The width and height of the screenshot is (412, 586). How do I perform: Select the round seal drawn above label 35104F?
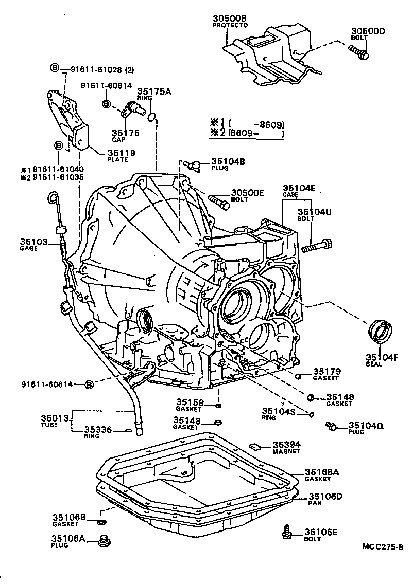coord(381,331)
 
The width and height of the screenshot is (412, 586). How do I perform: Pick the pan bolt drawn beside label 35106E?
coord(287,532)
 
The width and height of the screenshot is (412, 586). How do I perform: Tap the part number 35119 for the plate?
coord(121,153)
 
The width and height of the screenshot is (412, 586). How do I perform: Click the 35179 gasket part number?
coord(327,371)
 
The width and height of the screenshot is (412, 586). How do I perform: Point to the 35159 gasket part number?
coord(190,402)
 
